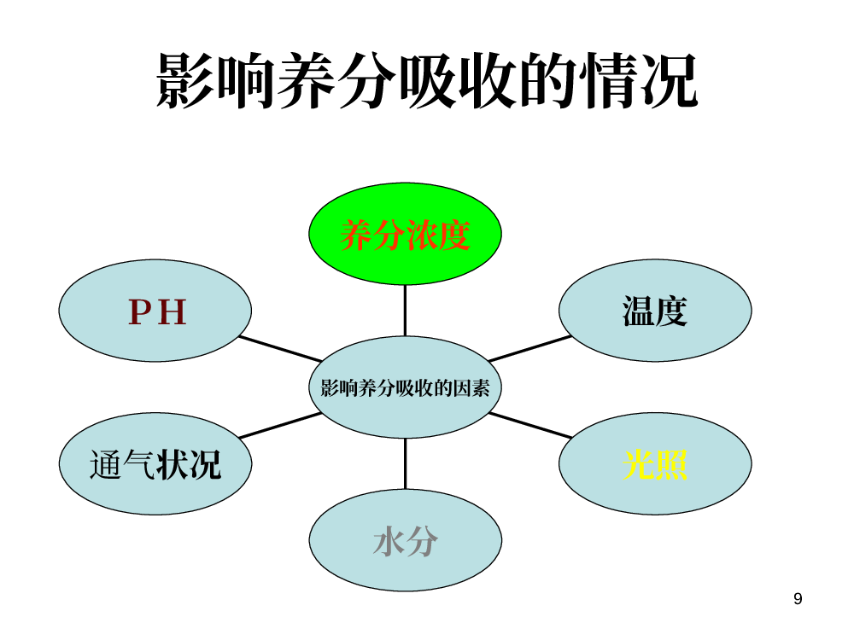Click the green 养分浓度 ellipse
405,234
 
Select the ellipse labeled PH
155,311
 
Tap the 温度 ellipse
655,311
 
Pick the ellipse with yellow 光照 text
655,463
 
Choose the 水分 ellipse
405,540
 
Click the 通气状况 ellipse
155,463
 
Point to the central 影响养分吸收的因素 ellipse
405,387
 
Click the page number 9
798,599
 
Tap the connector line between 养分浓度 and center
405,311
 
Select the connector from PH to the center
280,349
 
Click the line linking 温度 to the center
530,349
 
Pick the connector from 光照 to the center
530,425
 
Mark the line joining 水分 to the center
405,463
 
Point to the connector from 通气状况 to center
280,425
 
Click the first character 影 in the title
186,80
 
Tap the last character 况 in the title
669,80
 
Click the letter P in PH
139,311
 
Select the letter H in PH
173,311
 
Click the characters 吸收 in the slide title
458,80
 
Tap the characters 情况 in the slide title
638,80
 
